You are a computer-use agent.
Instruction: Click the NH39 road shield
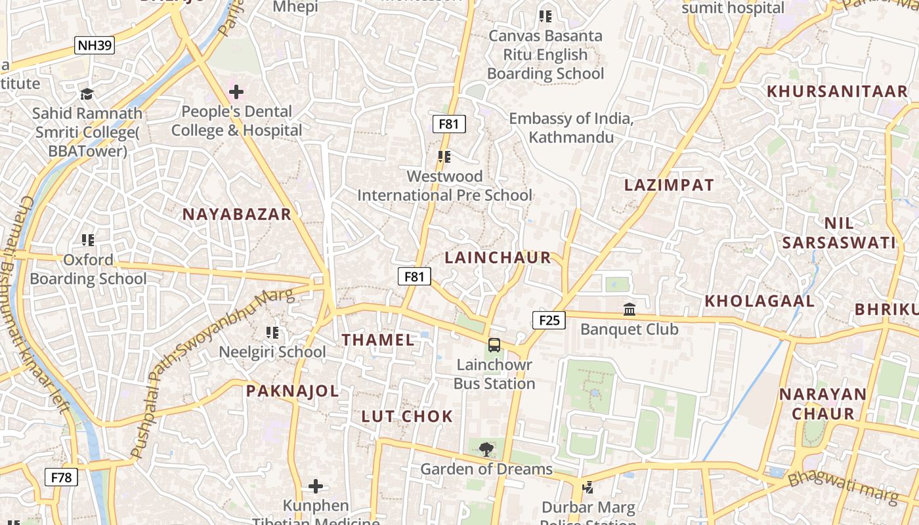[x=95, y=45]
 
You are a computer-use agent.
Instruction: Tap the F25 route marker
[x=549, y=320]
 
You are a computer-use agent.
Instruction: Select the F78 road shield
[x=61, y=477]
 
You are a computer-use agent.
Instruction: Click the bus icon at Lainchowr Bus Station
[x=494, y=345]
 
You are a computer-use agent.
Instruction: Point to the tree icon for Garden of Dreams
[x=486, y=450]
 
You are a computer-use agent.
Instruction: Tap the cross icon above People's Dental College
[x=236, y=93]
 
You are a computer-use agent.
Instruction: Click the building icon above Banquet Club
[x=630, y=309]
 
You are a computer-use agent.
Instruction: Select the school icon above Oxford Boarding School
[x=88, y=240]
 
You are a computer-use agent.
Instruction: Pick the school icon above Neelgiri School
[x=272, y=333]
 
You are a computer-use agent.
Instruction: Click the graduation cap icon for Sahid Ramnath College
[x=87, y=94]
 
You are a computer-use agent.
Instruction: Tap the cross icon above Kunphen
[x=316, y=486]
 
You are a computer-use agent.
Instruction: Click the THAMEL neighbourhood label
[x=378, y=340]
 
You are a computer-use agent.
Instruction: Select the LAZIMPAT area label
[x=669, y=185]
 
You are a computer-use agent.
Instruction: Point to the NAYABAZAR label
[x=236, y=214]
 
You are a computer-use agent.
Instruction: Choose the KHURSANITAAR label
[x=837, y=91]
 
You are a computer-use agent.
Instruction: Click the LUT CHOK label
[x=407, y=416]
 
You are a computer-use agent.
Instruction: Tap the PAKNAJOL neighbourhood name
[x=292, y=391]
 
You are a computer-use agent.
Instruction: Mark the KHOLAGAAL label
[x=759, y=301]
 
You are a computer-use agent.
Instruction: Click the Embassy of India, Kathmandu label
[x=571, y=128]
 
